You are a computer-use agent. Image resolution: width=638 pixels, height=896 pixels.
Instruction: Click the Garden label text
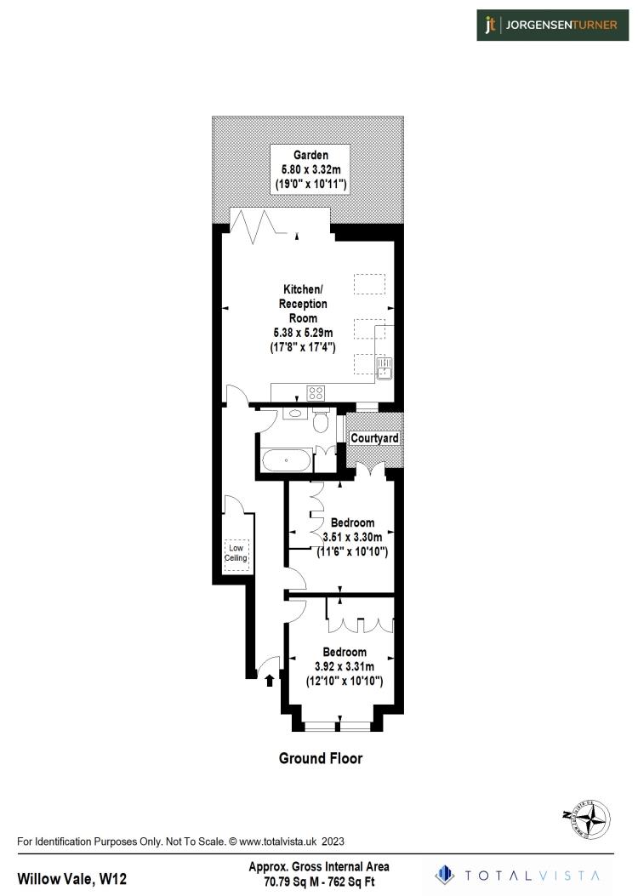click(x=310, y=155)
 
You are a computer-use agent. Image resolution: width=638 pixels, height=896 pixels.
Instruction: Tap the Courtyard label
click(x=374, y=438)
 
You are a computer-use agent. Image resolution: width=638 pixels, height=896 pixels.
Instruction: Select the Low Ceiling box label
click(x=236, y=553)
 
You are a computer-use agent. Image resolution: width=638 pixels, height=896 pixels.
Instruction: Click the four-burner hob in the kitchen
click(x=316, y=393)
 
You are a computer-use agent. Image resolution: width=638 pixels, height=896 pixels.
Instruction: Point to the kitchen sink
click(x=384, y=368)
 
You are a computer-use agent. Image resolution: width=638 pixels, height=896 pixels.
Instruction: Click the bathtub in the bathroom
click(x=286, y=462)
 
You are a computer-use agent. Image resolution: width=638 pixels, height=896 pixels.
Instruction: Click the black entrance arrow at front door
click(x=271, y=680)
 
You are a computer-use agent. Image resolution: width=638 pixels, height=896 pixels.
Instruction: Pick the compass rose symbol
click(x=587, y=820)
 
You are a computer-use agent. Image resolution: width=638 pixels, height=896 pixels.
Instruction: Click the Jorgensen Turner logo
click(x=552, y=25)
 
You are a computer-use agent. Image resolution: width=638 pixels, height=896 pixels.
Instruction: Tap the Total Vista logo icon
click(x=443, y=874)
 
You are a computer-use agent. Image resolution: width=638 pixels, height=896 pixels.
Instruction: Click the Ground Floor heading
click(x=321, y=758)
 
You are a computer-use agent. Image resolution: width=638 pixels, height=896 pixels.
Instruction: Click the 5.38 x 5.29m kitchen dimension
click(x=302, y=333)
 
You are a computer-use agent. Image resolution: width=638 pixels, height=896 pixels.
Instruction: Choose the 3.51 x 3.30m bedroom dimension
click(x=352, y=537)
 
